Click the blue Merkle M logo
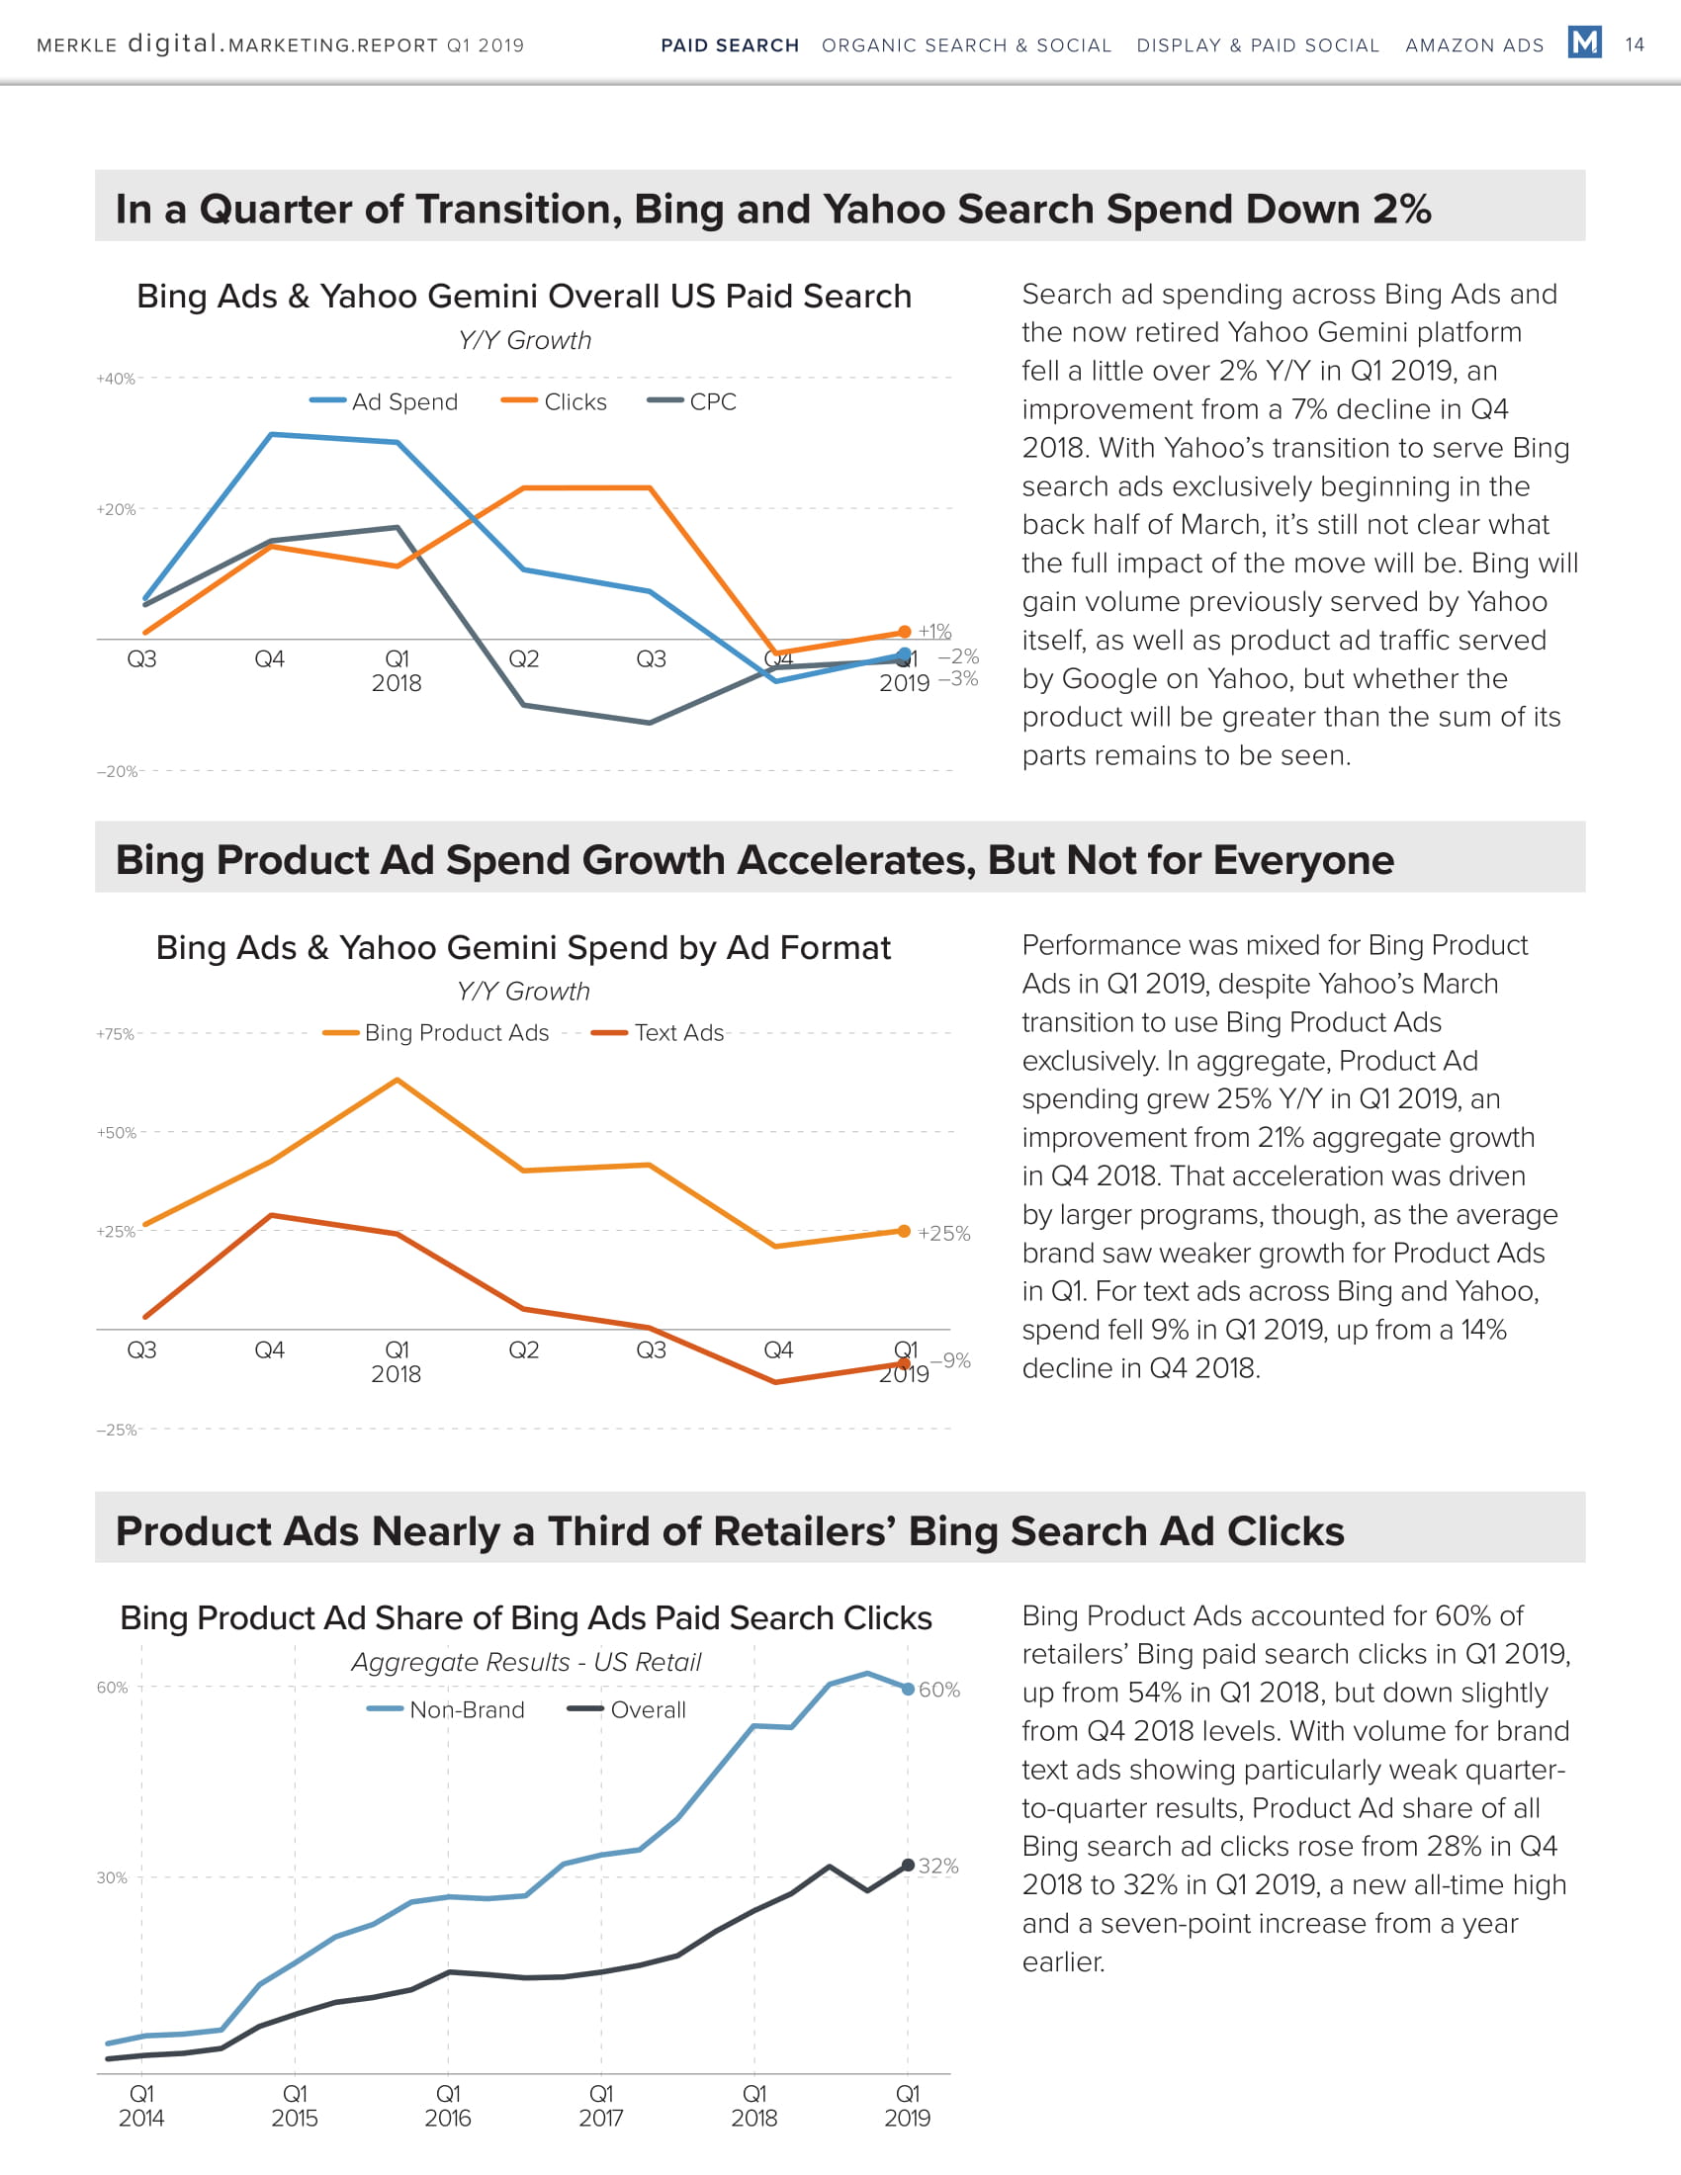click(1584, 43)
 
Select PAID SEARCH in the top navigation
click(730, 45)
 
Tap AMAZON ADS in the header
click(1474, 45)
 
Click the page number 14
click(1635, 44)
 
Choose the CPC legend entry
click(692, 401)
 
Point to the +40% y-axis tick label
click(116, 379)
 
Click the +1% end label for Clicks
click(934, 632)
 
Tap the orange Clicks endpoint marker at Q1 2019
click(904, 632)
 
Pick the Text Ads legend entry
click(659, 1033)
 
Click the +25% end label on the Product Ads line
click(943, 1233)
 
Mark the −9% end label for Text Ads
click(950, 1360)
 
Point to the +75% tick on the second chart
click(116, 1034)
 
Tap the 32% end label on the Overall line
click(938, 1867)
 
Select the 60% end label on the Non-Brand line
click(939, 1690)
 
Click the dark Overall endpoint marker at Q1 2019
click(908, 1866)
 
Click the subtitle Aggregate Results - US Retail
click(526, 1662)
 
